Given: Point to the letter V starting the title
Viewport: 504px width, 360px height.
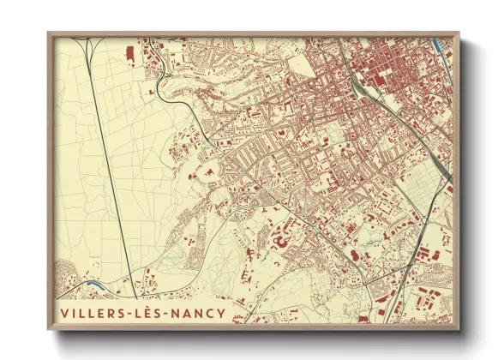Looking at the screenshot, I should click(x=64, y=313).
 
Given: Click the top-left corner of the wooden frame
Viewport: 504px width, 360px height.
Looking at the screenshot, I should click(x=49, y=33).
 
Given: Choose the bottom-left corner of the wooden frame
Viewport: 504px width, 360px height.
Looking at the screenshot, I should click(x=49, y=329).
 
